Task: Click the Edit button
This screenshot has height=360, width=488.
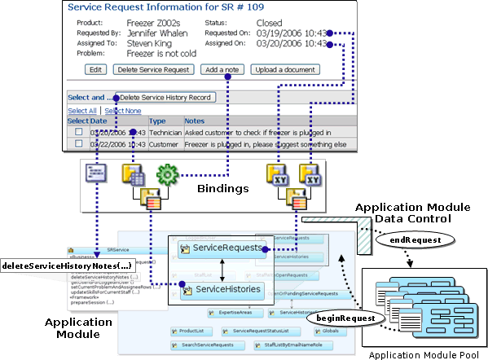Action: pyautogui.click(x=95, y=70)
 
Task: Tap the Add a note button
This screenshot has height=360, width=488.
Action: pyautogui.click(x=222, y=70)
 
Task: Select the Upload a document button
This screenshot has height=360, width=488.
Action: pyautogui.click(x=285, y=70)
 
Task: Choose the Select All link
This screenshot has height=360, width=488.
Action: pyautogui.click(x=81, y=111)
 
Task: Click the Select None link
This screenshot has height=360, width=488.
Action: pyautogui.click(x=122, y=111)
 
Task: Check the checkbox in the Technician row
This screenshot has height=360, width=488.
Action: pyautogui.click(x=78, y=132)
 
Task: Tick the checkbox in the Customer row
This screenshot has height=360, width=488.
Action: pyautogui.click(x=78, y=144)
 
